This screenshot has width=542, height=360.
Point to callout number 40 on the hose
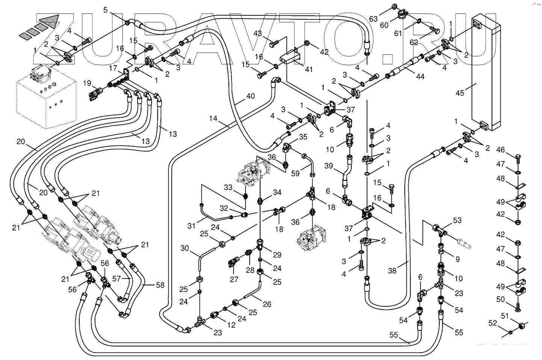coord(250,96)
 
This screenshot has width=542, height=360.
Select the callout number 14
coord(213,119)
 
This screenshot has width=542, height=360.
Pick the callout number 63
coord(373,19)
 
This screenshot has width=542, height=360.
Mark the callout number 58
coord(160,285)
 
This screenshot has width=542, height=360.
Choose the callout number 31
coord(192,225)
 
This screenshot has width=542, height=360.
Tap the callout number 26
coord(267,304)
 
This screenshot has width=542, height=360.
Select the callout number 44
coord(420,76)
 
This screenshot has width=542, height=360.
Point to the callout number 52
coord(493,322)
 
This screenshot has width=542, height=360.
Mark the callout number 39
coord(329,166)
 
